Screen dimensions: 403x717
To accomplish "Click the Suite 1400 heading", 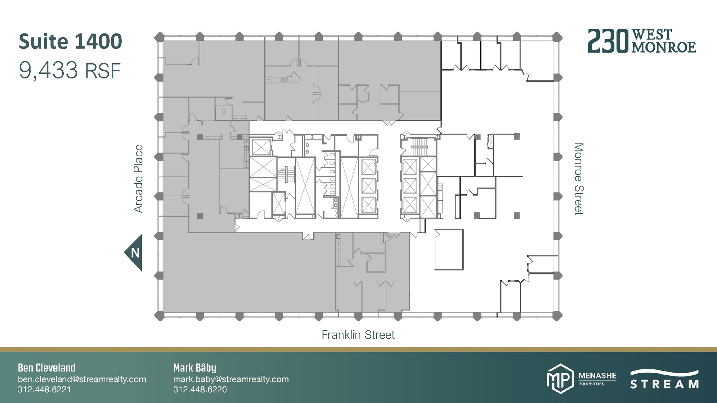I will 70,42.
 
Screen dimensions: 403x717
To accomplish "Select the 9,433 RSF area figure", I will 70,71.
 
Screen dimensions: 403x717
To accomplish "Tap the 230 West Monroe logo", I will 641,41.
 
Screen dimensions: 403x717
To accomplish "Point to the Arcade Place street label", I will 138,179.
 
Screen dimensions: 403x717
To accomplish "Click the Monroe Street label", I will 579,179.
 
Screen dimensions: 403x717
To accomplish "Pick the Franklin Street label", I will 358,335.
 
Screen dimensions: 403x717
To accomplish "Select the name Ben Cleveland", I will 47,368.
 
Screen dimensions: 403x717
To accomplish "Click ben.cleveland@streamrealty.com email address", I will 82,379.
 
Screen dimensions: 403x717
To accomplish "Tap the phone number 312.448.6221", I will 44,389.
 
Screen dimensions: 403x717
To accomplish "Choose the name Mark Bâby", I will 195,368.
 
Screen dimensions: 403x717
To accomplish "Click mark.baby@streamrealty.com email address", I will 231,379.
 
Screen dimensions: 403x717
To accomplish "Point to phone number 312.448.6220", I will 200,389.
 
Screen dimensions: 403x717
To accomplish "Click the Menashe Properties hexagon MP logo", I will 560,379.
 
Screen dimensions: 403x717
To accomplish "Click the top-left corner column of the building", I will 159,37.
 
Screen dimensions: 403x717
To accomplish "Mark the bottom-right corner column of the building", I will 557,316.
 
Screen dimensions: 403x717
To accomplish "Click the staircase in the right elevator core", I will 419,147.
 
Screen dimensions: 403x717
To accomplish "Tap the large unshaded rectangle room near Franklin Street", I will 449,249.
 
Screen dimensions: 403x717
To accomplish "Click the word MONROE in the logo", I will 664,48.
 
